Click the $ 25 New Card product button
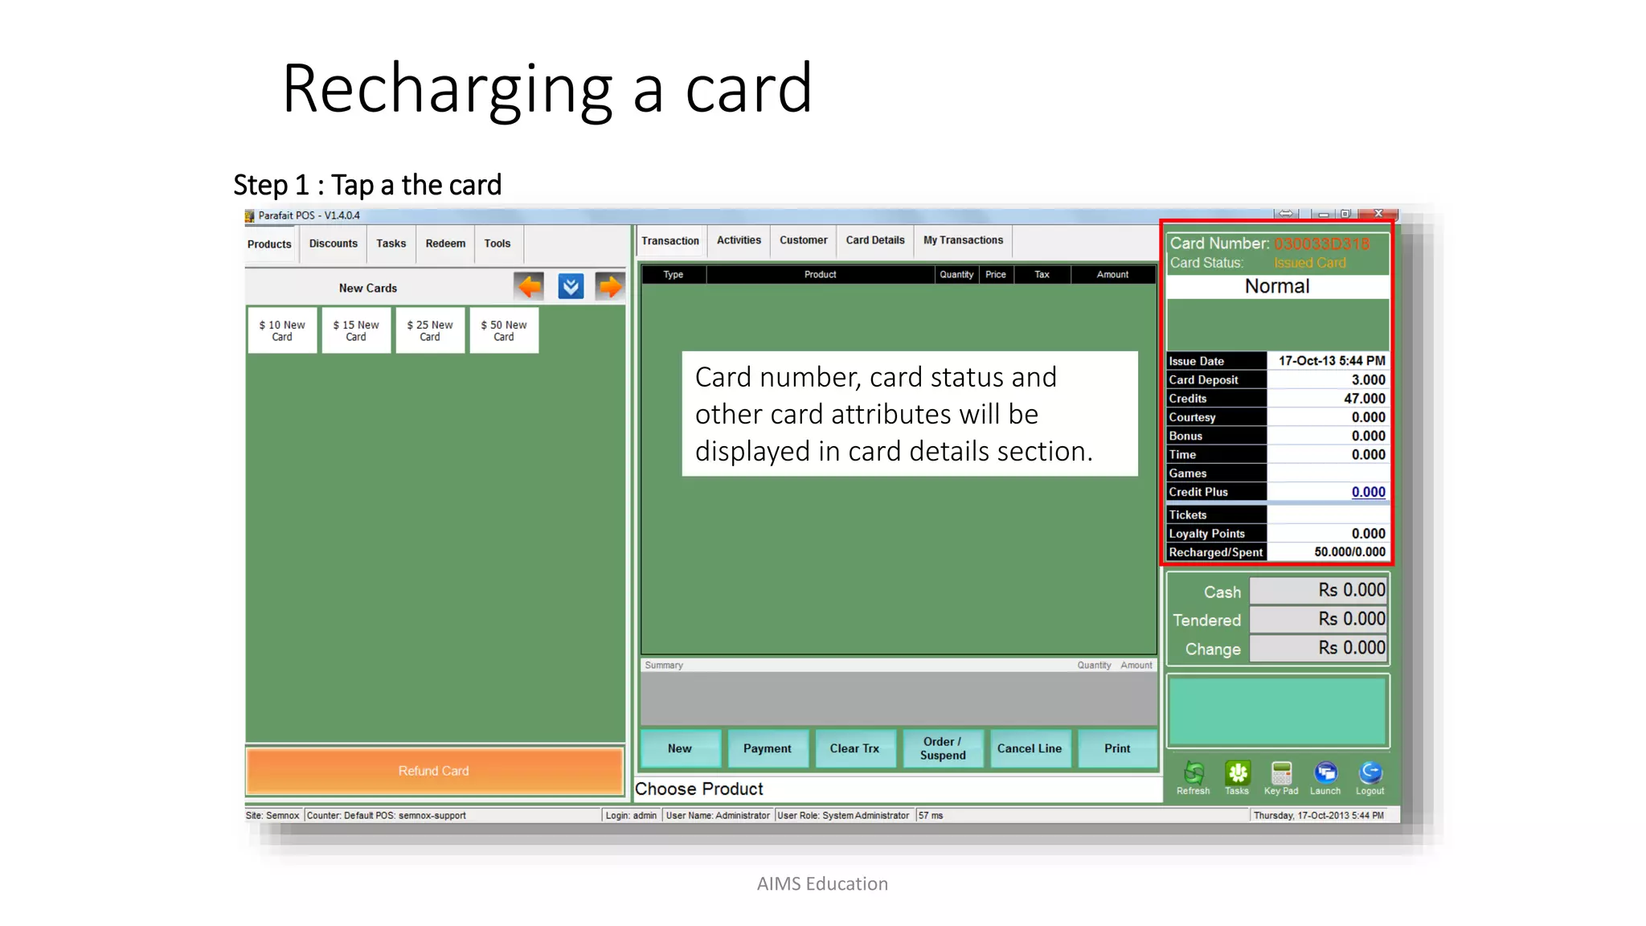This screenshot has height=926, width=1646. click(430, 330)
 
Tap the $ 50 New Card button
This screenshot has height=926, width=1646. click(504, 330)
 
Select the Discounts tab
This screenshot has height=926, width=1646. click(333, 244)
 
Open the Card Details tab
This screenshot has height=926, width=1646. click(874, 240)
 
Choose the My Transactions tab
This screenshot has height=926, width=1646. click(963, 240)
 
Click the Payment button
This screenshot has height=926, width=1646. click(767, 748)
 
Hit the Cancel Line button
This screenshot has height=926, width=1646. click(1030, 748)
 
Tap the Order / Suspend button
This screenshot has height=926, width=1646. click(943, 748)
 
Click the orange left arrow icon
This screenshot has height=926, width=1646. click(530, 286)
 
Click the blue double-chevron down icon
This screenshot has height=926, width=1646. click(571, 286)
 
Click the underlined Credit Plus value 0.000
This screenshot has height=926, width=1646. click(1368, 492)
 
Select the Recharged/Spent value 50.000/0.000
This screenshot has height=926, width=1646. click(1349, 552)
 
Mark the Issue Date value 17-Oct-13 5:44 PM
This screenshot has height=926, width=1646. click(1332, 361)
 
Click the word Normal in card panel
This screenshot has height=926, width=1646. click(1277, 287)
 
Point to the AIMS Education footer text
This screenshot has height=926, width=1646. click(822, 884)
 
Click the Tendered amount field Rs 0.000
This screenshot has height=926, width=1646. click(1318, 620)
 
